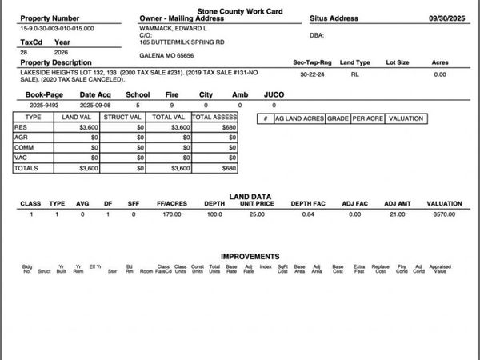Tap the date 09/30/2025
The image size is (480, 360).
447,17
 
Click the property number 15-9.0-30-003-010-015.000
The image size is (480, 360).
57,28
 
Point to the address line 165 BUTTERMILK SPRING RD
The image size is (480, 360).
182,42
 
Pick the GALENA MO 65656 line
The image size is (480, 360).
167,55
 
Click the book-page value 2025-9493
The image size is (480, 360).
41,105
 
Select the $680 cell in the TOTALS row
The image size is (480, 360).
230,168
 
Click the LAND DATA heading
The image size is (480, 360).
250,196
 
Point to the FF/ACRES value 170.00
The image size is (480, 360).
171,214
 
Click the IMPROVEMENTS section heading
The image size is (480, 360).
250,256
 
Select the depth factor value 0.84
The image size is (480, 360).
307,214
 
